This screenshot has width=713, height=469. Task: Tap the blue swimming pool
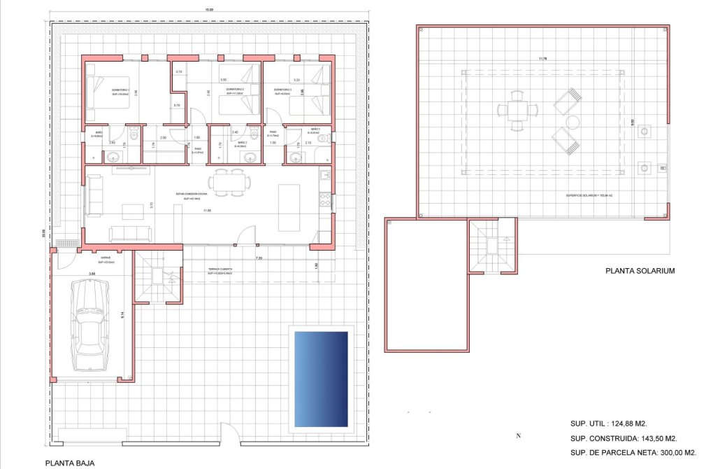321,379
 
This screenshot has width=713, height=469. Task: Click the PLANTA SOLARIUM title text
640,270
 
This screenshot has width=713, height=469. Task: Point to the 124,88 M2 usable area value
622,423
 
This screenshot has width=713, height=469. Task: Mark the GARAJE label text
106,258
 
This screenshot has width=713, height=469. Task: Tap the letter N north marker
518,435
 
